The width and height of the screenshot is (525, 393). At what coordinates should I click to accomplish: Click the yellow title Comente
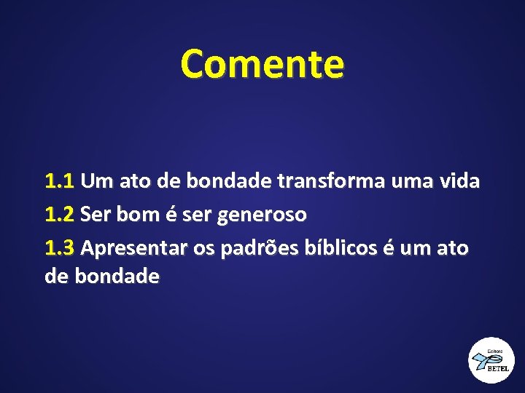click(262, 63)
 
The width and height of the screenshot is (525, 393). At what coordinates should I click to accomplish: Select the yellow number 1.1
click(60, 181)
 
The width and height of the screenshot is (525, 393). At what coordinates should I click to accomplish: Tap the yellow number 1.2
click(60, 215)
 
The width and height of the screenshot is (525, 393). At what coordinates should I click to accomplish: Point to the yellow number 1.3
click(60, 249)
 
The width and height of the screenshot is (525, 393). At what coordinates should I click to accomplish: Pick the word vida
click(459, 181)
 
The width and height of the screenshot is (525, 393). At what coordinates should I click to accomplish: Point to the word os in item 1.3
click(204, 249)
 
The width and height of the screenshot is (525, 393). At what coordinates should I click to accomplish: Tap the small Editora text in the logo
click(494, 350)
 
